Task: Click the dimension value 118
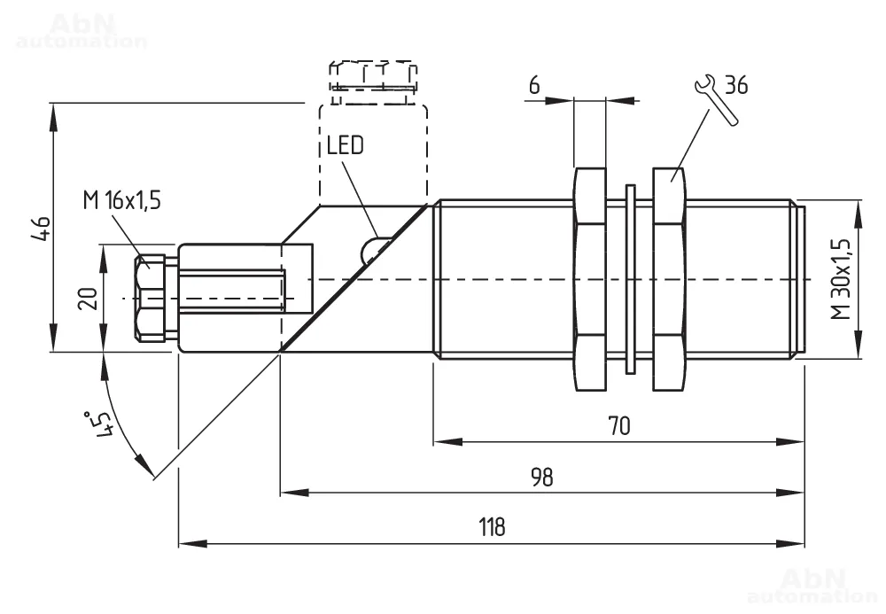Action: (492, 527)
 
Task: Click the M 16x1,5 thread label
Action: (122, 200)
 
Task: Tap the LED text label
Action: (345, 145)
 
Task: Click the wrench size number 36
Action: (736, 85)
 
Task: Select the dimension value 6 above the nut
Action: (534, 85)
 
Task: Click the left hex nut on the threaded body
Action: (590, 279)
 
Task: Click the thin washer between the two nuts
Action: (630, 279)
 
